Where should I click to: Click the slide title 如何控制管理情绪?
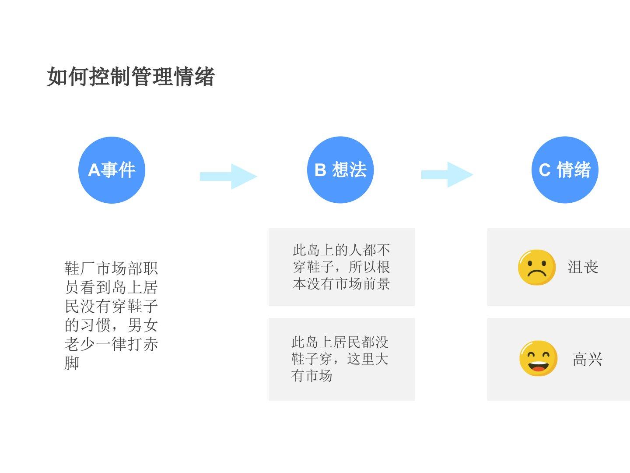point(130,77)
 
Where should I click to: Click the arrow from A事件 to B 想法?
point(228,176)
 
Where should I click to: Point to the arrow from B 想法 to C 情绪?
point(447,175)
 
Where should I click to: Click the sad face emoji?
point(536,267)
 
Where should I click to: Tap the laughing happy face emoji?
point(538,358)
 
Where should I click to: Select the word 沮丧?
point(583,267)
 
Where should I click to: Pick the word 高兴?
point(587,360)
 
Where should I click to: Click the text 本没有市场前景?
point(341,284)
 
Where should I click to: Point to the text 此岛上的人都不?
point(341,250)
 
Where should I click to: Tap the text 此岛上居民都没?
point(339,342)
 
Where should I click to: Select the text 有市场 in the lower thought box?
point(311,376)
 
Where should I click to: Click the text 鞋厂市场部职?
point(111,268)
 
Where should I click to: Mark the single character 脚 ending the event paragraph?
point(72,363)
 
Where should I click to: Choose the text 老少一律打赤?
point(111,344)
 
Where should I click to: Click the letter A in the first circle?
point(94,170)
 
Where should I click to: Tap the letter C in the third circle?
point(545,170)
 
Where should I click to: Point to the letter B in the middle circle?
point(320,170)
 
